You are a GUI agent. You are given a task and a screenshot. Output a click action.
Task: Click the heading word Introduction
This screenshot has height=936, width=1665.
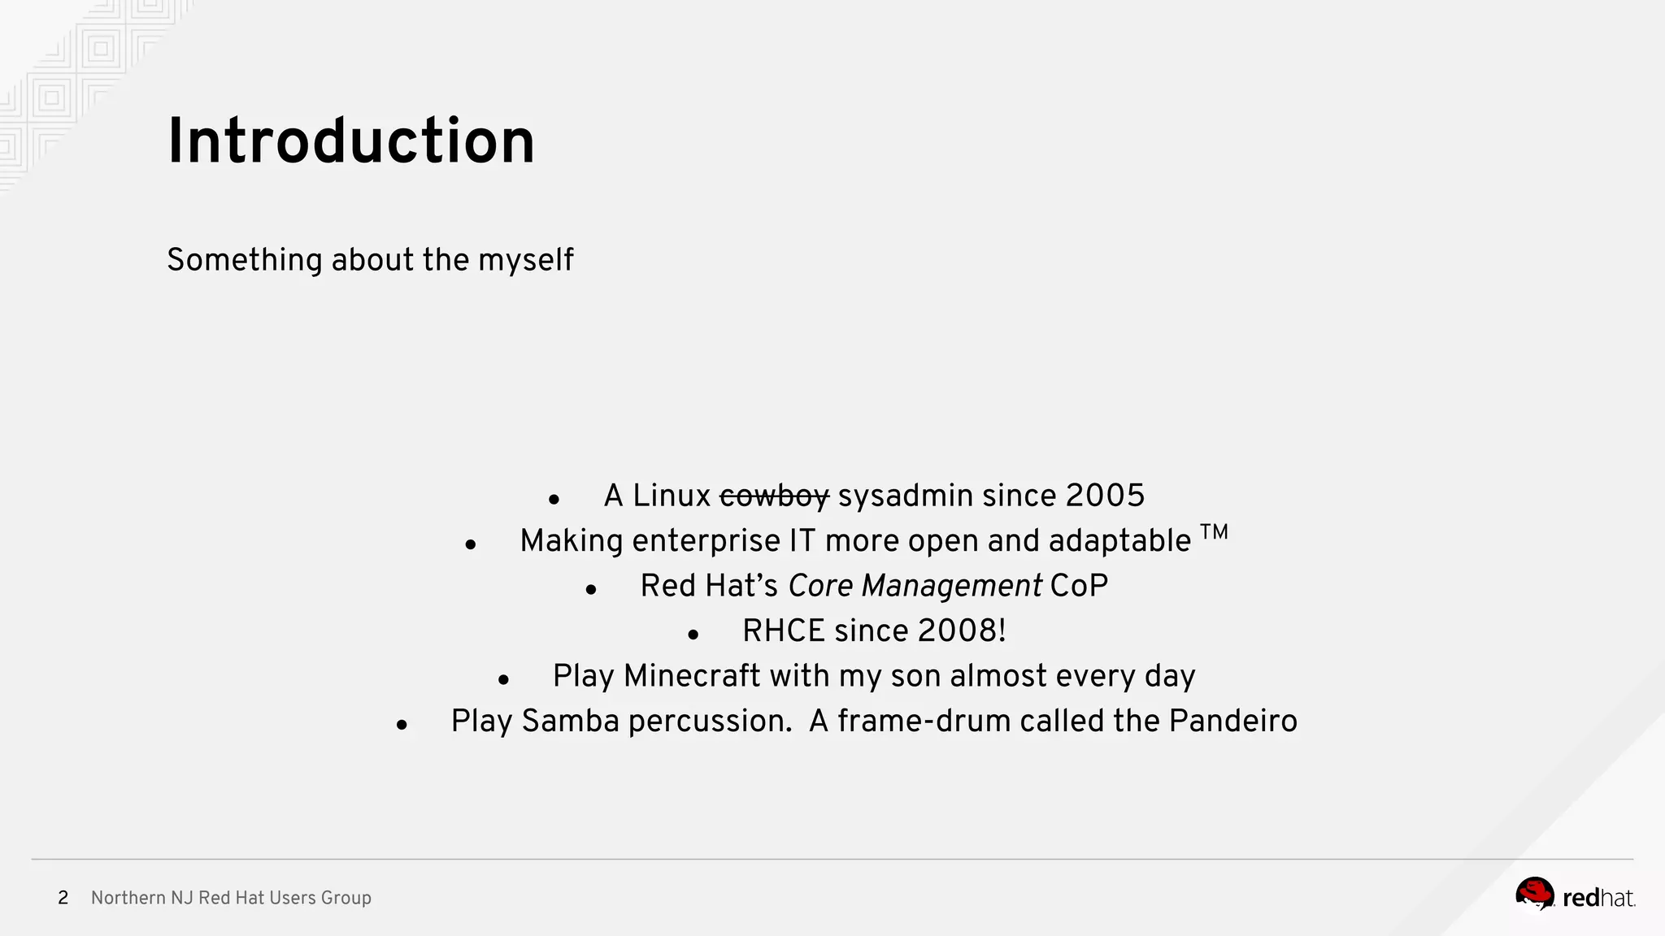tap(350, 142)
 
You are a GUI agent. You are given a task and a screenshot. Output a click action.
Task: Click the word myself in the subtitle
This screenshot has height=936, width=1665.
tap(525, 261)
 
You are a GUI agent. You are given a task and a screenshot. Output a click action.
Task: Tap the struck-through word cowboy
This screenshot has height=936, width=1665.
tap(774, 496)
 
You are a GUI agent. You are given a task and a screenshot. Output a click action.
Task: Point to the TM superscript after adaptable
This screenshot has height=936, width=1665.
tap(1214, 533)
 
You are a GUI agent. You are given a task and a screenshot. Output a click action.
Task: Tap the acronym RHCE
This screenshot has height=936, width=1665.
tap(783, 631)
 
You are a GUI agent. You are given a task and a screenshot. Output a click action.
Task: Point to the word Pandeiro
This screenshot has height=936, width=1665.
tap(1232, 721)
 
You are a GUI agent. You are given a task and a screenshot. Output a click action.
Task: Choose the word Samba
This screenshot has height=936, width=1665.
tap(570, 721)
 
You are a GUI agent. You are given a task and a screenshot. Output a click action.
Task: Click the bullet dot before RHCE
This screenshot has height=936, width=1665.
tap(693, 635)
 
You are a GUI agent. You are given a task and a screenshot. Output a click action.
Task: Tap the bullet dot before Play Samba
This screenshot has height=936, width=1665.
tap(402, 725)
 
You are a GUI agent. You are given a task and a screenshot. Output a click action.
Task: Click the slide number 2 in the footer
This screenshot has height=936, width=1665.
tap(63, 898)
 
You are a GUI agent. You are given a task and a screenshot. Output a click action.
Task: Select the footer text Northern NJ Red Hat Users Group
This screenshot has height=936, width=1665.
tap(231, 898)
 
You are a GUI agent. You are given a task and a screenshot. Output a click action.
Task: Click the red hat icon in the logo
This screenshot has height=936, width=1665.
tap(1534, 894)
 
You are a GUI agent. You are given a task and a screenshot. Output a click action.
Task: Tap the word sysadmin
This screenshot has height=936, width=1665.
tap(905, 496)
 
